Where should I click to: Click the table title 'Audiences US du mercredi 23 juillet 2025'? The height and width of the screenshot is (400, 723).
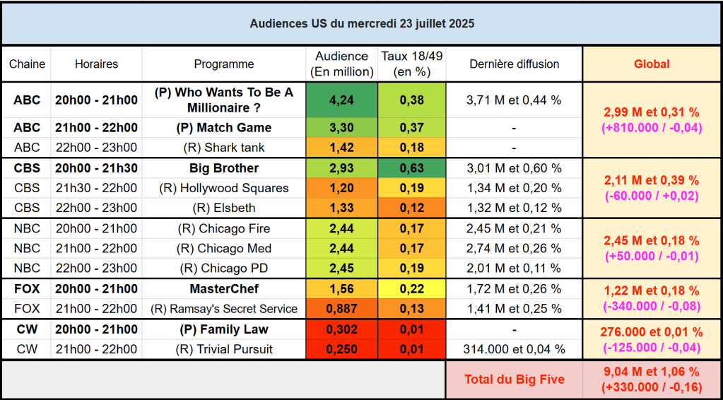tap(361, 23)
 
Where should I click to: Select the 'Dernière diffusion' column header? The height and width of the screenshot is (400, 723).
tap(514, 64)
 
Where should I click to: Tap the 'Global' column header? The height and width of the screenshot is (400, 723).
tap(651, 64)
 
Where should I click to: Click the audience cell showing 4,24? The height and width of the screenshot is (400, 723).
tap(341, 100)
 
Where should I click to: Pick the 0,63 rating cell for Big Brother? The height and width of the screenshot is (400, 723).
tap(411, 168)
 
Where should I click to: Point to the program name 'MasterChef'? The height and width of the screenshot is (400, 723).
tap(223, 288)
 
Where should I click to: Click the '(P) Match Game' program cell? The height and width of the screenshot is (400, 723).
tap(223, 127)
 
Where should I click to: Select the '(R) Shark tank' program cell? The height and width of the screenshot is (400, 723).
tap(223, 148)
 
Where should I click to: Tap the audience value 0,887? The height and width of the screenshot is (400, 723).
tap(341, 308)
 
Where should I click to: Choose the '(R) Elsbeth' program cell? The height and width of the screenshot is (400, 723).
tap(223, 208)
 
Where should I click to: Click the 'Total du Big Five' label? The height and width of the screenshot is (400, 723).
tap(514, 380)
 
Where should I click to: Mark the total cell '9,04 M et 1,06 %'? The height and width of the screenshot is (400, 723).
tap(651, 372)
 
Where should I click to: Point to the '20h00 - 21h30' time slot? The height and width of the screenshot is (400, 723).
tap(96, 168)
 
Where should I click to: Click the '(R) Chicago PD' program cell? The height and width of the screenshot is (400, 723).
tap(223, 269)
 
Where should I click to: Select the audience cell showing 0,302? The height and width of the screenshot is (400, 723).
tap(341, 329)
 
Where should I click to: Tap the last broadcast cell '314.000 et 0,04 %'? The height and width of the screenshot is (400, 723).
tap(514, 349)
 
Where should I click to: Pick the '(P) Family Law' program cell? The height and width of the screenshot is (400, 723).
tap(223, 329)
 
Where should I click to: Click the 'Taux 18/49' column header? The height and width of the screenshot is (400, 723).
tap(411, 64)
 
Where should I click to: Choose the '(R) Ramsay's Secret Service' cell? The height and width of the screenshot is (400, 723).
tap(223, 308)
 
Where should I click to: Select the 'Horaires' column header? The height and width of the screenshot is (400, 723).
tap(96, 64)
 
